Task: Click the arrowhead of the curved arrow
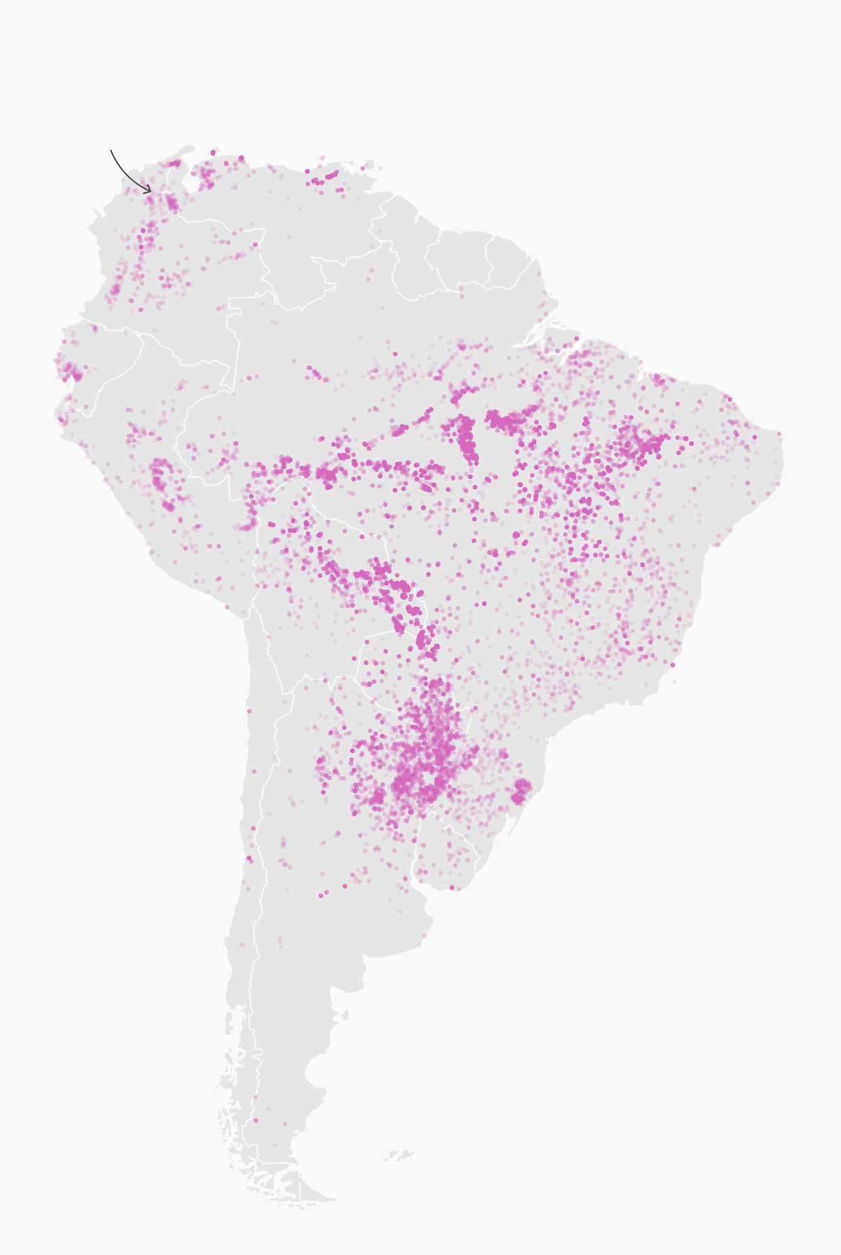click(x=151, y=192)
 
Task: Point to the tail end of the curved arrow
click(x=111, y=151)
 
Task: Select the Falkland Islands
click(x=399, y=1155)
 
